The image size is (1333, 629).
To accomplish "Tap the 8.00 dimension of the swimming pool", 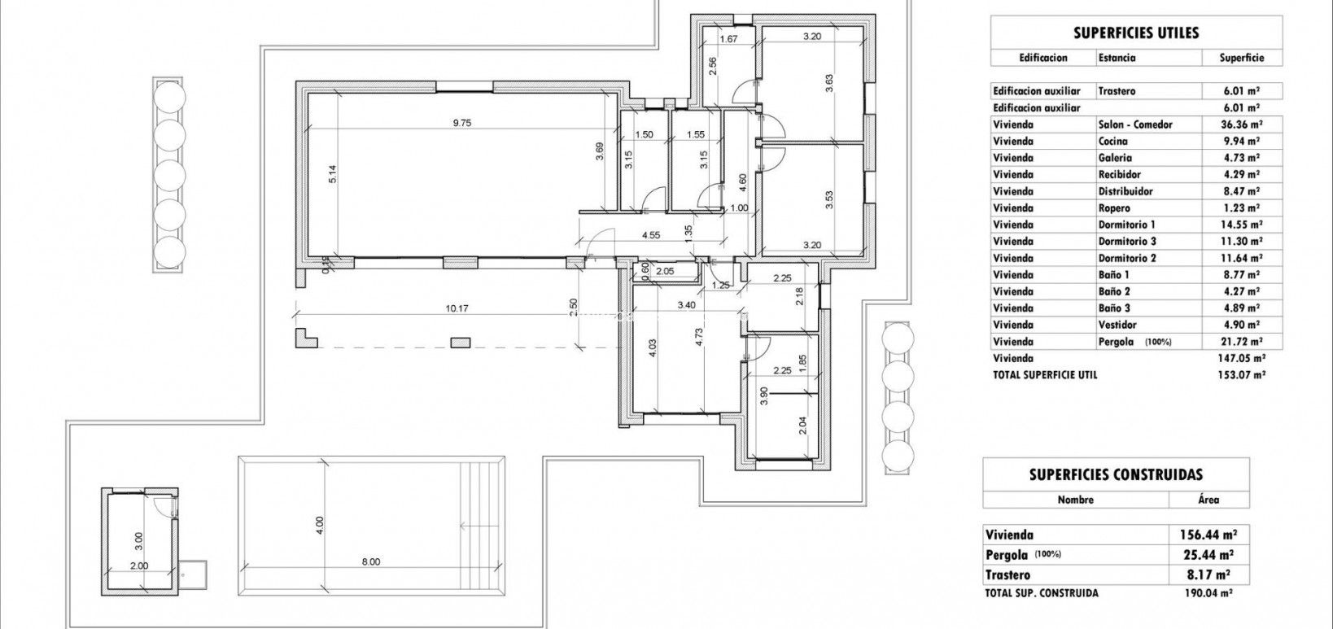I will click(x=371, y=561).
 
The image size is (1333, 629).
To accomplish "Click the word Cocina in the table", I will click(x=1112, y=142).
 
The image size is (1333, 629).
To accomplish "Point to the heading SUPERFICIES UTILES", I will click(x=1136, y=33).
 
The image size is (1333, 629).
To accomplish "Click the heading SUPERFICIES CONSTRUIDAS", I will click(x=1116, y=474).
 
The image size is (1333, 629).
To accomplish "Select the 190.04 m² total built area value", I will click(x=1208, y=593).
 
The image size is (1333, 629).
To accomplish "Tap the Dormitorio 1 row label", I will click(x=1126, y=225).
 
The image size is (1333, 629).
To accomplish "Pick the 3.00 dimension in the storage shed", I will click(x=138, y=539).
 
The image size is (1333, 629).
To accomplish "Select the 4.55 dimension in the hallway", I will click(x=650, y=235).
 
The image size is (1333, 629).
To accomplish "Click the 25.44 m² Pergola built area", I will click(x=1208, y=555).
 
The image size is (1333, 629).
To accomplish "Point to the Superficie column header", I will click(x=1241, y=58).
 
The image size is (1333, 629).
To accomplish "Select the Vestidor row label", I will click(x=1117, y=325).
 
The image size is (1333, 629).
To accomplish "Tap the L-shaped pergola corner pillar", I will click(x=306, y=338).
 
